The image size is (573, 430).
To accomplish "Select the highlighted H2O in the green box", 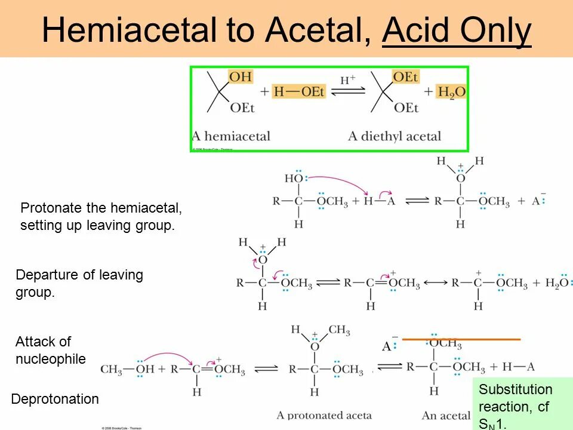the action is tap(452, 92).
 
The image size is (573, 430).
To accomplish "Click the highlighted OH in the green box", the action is tap(241, 76).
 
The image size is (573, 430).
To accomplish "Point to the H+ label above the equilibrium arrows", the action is tap(347, 80).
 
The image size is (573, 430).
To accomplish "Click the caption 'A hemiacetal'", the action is tap(231, 136).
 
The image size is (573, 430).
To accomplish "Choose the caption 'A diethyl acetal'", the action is tap(395, 136).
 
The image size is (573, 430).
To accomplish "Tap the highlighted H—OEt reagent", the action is tap(299, 92).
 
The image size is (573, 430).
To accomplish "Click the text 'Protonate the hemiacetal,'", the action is tap(101, 208).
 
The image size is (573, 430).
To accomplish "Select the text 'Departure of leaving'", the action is tap(79, 275).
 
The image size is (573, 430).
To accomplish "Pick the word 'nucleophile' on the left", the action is tap(51, 359).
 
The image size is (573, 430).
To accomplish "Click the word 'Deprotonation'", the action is tap(56, 399).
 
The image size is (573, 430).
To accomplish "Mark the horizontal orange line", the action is tap(461, 339).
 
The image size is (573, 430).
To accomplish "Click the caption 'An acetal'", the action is tap(447, 415).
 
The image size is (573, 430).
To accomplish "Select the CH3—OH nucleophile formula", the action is tap(127, 369).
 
